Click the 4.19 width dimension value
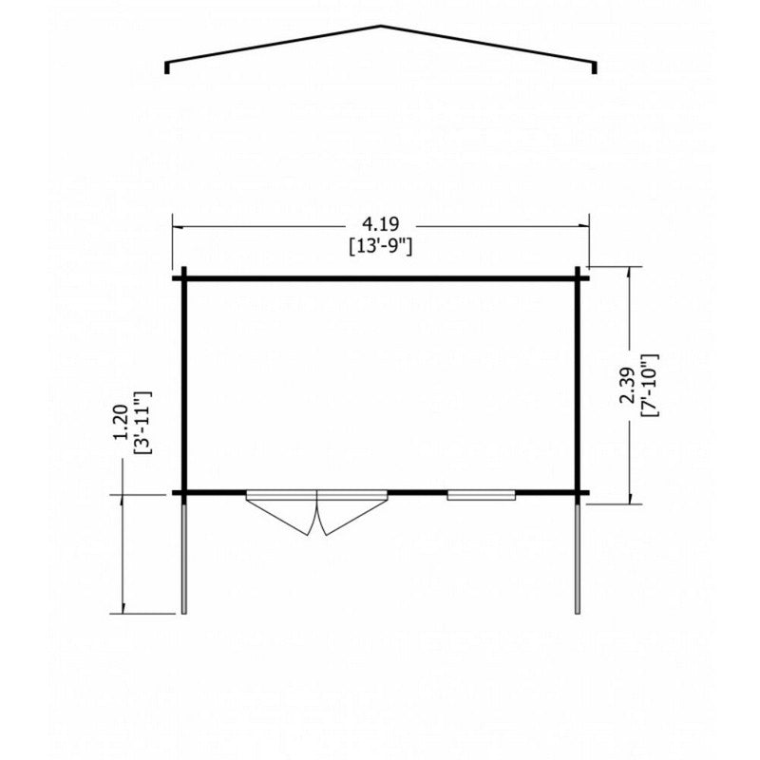tap(381, 224)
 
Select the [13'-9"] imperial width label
tap(381, 247)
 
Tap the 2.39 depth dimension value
tap(626, 386)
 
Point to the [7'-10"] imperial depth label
tap(649, 386)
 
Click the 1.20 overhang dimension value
tap(121, 423)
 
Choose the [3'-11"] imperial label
tap(143, 423)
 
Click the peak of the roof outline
tap(381, 26)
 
